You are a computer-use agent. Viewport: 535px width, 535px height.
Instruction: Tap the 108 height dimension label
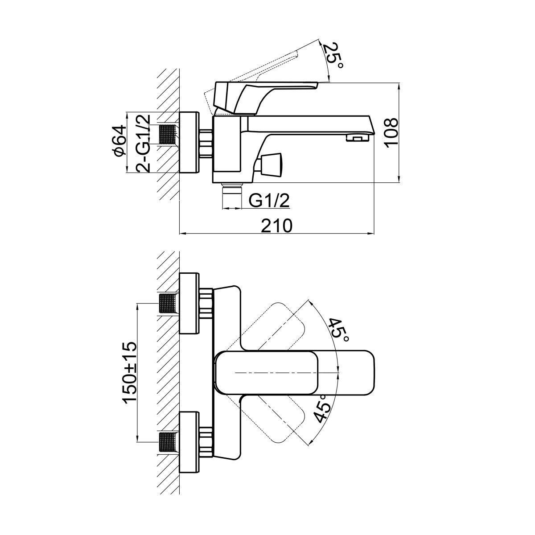[x=390, y=132]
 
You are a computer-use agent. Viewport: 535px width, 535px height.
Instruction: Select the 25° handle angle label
[x=334, y=55]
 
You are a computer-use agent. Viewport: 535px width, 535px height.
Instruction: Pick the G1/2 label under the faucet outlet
[x=269, y=201]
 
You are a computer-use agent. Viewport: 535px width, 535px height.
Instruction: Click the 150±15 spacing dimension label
[x=130, y=372]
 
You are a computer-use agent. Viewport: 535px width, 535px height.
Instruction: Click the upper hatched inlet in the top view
[x=168, y=304]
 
